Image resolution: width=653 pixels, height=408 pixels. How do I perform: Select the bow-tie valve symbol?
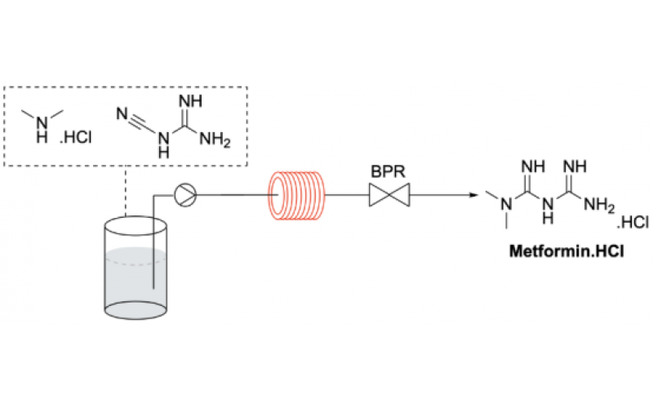click(x=389, y=196)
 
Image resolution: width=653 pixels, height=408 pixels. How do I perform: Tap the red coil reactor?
click(x=296, y=196)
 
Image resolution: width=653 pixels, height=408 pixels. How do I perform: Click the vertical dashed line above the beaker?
click(x=125, y=192)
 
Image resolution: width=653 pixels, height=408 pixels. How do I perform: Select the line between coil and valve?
click(x=347, y=196)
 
